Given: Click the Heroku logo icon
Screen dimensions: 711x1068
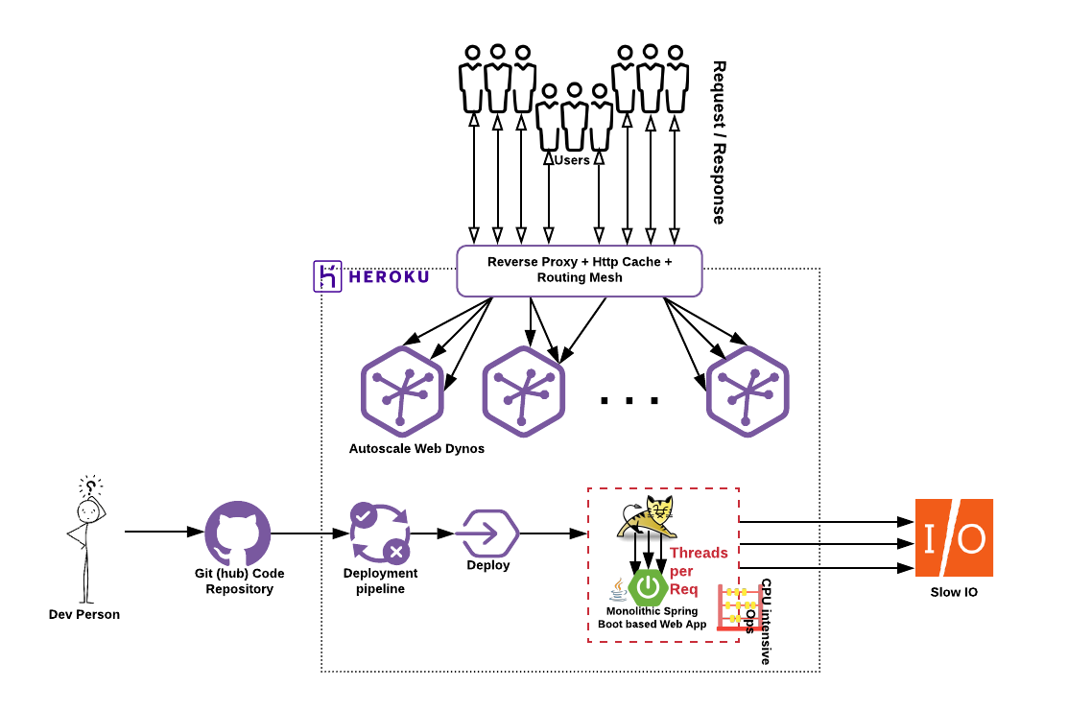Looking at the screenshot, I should tap(328, 275).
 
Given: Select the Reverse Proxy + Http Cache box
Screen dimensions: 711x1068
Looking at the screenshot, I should tap(579, 270).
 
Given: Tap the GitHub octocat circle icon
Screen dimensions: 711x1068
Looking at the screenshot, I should tap(238, 533).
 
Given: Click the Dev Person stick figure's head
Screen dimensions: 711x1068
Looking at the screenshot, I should tap(87, 510).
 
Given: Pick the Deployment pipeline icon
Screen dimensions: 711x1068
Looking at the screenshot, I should tap(380, 533).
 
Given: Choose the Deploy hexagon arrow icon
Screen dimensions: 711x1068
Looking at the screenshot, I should tap(487, 533).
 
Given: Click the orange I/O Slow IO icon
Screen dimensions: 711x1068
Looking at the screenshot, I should tap(954, 537).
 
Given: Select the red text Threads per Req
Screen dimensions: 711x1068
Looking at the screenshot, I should tap(699, 571).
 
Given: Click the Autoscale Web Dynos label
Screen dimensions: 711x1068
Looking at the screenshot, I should tap(416, 448).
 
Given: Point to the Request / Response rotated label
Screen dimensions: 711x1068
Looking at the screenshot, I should tap(719, 142).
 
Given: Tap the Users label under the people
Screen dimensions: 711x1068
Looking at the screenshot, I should tap(572, 160).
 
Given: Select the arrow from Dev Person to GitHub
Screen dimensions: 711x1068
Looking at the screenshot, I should tap(164, 532).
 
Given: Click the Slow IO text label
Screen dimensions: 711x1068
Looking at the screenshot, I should tap(954, 592).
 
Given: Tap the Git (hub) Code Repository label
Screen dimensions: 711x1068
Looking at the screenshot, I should tap(239, 581).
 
